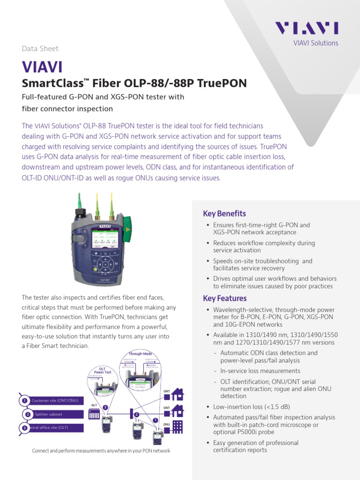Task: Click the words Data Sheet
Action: pyautogui.click(x=40, y=48)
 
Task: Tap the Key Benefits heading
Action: pyautogui.click(x=224, y=214)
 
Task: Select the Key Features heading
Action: pyautogui.click(x=225, y=298)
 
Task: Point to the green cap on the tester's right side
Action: pyautogui.click(x=134, y=224)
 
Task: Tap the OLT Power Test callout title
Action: pyautogui.click(x=102, y=371)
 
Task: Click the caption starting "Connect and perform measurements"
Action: pyautogui.click(x=101, y=451)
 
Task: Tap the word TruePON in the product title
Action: pyautogui.click(x=222, y=83)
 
